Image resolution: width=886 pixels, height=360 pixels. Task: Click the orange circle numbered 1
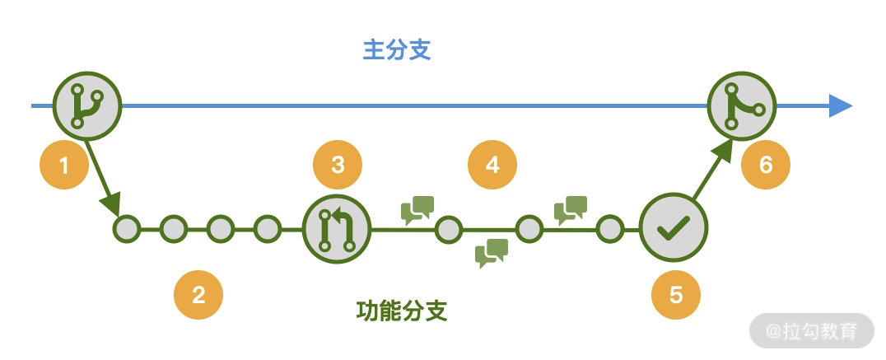pyautogui.click(x=65, y=166)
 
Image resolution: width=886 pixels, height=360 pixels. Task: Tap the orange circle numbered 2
pyautogui.click(x=198, y=294)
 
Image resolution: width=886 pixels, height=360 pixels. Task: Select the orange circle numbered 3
pyautogui.click(x=338, y=164)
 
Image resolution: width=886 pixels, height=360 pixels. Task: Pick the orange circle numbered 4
pyautogui.click(x=492, y=165)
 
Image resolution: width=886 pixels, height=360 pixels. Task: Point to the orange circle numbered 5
pyautogui.click(x=676, y=294)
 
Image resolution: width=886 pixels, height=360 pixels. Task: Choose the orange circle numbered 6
pyautogui.click(x=766, y=165)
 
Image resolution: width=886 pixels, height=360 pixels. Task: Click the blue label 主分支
pyautogui.click(x=398, y=51)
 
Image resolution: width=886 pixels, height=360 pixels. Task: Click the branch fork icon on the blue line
pyautogui.click(x=86, y=106)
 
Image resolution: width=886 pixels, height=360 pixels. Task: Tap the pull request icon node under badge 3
pyautogui.click(x=337, y=228)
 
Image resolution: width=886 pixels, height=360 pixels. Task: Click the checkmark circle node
pyautogui.click(x=674, y=228)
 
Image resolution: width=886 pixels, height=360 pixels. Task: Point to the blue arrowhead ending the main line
pyautogui.click(x=841, y=106)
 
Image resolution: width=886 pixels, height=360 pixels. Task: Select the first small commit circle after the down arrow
pyautogui.click(x=128, y=228)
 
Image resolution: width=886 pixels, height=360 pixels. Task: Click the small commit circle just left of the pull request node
pyautogui.click(x=268, y=228)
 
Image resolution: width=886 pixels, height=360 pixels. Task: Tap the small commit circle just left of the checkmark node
pyautogui.click(x=610, y=228)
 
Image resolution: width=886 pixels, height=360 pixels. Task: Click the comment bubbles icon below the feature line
pyautogui.click(x=492, y=253)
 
